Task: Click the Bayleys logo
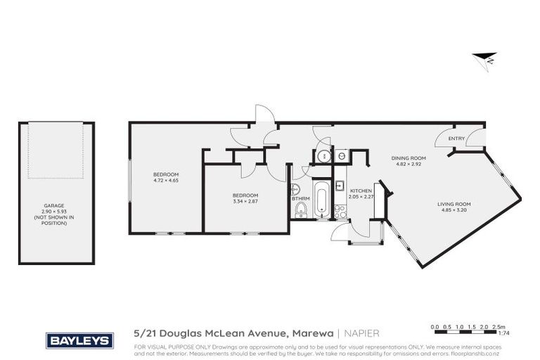(x=79, y=340)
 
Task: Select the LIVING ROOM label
(x=455, y=204)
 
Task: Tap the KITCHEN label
(x=361, y=191)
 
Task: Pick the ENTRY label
(x=456, y=139)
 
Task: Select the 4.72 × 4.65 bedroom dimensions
(x=166, y=181)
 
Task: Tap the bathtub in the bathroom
(x=320, y=200)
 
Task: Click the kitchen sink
(x=339, y=186)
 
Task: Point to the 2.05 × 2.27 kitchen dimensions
(x=361, y=197)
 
